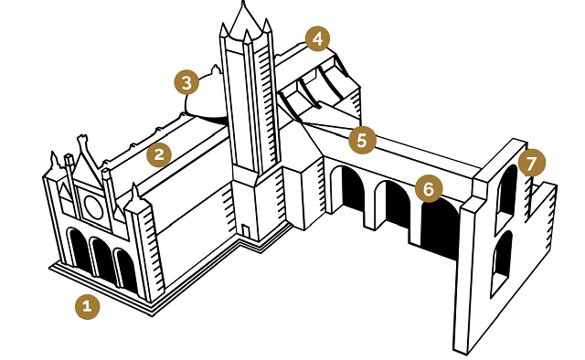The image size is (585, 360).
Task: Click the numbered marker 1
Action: point(87,307)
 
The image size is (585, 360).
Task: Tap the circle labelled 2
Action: point(160,154)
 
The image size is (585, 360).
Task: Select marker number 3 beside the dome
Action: point(186,83)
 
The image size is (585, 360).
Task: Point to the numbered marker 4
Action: point(317,39)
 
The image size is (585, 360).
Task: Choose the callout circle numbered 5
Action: point(361,140)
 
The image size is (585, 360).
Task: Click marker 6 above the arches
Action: point(427,188)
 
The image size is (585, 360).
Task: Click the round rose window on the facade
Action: point(93,206)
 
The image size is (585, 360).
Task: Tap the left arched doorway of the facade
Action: point(80,252)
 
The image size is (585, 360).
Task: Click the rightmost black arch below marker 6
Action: point(439,227)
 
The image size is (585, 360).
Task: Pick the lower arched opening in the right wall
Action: point(502,260)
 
